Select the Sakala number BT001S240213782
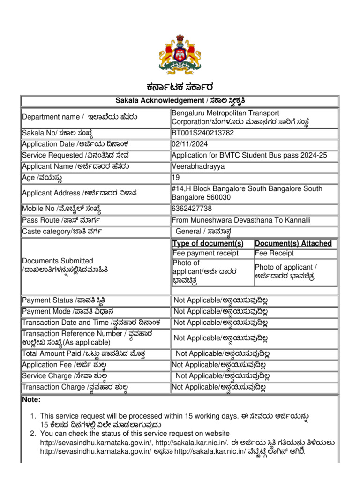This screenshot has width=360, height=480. (203, 133)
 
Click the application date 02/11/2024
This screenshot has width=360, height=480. (190, 144)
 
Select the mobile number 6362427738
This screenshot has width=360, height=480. (192, 209)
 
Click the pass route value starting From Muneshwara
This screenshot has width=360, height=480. (241, 220)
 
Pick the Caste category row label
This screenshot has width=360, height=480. (62, 232)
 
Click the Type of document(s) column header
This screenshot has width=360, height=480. (208, 243)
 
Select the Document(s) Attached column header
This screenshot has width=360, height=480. (293, 243)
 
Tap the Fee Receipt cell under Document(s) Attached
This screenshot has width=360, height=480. (274, 254)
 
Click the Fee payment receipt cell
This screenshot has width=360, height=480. (205, 254)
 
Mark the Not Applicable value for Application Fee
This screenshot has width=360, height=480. (219, 365)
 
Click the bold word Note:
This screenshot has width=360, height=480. (31, 400)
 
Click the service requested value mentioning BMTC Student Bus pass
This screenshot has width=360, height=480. (249, 155)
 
